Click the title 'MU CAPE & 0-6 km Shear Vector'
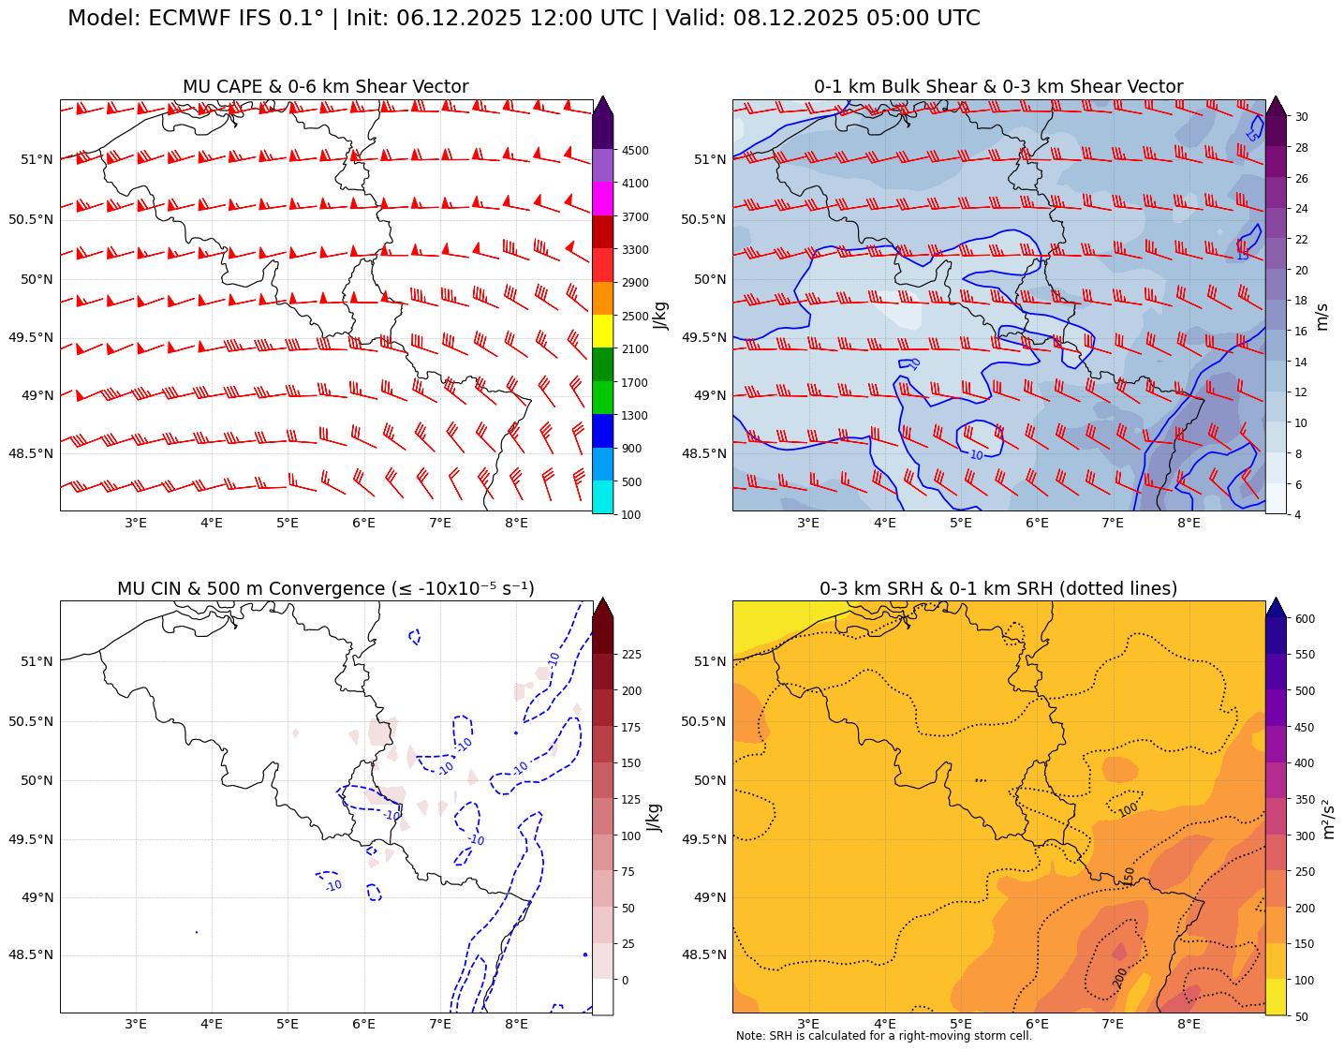[325, 87]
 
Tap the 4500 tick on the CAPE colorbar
[635, 150]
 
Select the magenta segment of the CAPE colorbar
[602, 200]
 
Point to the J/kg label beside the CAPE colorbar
[661, 316]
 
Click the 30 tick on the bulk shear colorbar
[1302, 117]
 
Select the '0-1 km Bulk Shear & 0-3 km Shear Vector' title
[997, 87]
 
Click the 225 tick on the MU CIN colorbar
[631, 655]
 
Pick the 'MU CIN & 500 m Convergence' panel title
[325, 589]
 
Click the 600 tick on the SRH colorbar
[1306, 619]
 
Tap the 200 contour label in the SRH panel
[1120, 977]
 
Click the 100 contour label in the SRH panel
[1129, 808]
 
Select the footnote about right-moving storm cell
[883, 1036]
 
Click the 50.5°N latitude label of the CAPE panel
[31, 219]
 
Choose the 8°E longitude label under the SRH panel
[1189, 1024]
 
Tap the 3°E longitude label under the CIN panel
[136, 1024]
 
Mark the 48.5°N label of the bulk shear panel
[703, 454]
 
